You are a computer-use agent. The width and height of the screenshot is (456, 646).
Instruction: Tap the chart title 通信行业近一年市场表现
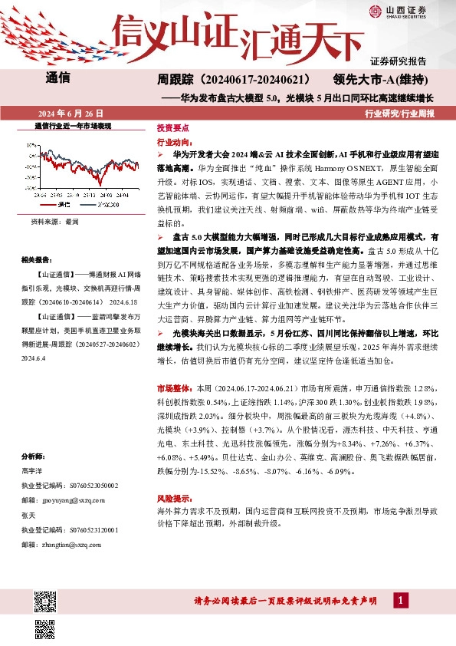pyautogui.click(x=74, y=125)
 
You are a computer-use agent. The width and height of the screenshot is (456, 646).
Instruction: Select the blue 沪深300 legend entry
pyautogui.click(x=102, y=205)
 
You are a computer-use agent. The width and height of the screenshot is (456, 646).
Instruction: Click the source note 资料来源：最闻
pyautogui.click(x=54, y=221)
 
